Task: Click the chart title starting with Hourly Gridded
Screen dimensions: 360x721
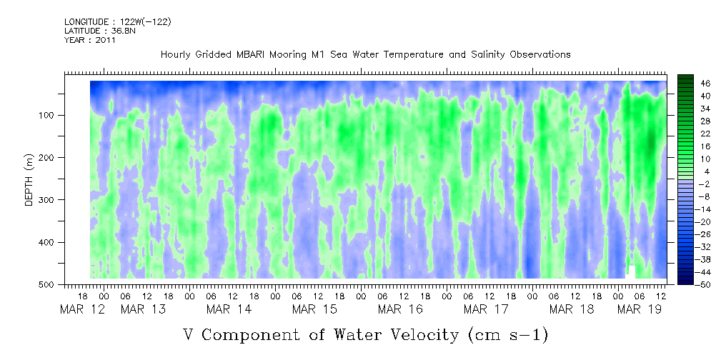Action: tap(365, 54)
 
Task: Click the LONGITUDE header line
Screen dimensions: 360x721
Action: tap(117, 22)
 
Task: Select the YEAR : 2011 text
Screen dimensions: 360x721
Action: tap(89, 40)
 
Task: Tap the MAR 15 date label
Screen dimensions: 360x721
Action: tap(314, 309)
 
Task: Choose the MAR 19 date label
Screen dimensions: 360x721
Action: tap(639, 309)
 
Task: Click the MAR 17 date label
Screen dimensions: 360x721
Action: tap(486, 309)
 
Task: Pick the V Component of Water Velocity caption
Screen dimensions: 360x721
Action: tap(365, 334)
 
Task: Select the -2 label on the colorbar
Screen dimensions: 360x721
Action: tap(686, 184)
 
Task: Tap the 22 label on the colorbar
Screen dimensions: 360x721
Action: tap(686, 134)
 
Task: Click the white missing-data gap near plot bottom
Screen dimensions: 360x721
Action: tap(631, 272)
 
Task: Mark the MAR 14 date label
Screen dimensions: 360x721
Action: tap(229, 309)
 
